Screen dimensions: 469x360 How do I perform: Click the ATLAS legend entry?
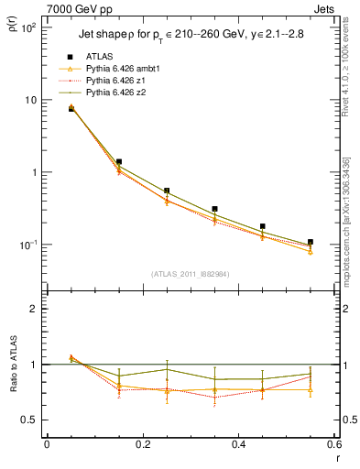(x=98, y=55)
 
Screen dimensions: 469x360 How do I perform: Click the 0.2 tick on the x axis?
(x=143, y=445)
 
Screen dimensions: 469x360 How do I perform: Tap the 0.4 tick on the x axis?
(x=240, y=445)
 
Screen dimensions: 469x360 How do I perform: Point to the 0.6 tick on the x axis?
(x=334, y=445)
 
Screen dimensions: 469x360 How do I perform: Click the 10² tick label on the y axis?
(x=27, y=27)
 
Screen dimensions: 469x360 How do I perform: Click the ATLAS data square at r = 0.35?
(x=214, y=209)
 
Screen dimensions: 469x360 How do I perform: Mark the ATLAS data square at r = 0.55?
(x=311, y=242)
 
